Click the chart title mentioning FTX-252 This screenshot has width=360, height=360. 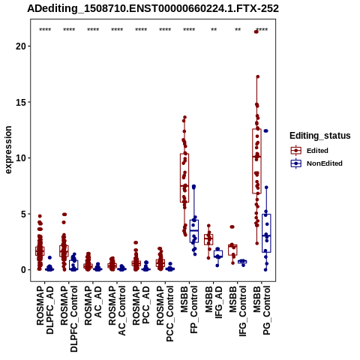click(153, 9)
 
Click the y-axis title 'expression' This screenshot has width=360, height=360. click(8, 150)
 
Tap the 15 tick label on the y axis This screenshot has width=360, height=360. click(21, 102)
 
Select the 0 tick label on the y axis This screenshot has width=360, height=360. click(24, 270)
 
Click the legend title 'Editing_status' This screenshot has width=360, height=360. click(320, 136)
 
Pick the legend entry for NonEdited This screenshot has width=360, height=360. click(316, 163)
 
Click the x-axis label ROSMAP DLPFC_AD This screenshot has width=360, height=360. click(45, 310)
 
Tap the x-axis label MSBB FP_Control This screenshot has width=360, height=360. click(189, 310)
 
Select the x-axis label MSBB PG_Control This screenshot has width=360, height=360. click(262, 310)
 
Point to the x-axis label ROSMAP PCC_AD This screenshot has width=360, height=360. click(141, 305)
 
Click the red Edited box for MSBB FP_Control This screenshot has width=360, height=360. click(184, 178)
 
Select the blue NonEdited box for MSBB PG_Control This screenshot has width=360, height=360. click(266, 233)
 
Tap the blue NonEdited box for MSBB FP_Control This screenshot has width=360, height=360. click(194, 231)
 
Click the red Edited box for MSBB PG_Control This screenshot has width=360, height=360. click(256, 161)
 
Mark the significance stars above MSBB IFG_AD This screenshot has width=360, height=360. click(214, 30)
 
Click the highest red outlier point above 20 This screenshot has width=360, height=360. click(256, 31)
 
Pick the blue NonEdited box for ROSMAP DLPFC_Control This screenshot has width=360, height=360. click(73, 265)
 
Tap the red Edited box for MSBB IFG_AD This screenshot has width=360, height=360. click(208, 239)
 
